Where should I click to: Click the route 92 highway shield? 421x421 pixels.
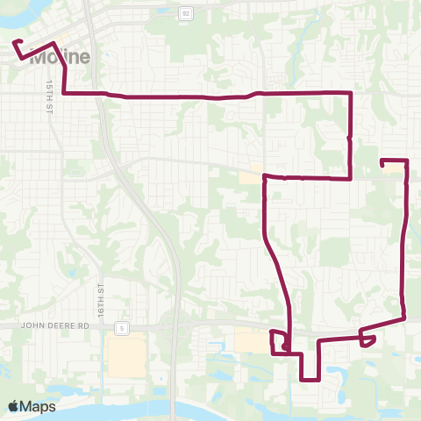(185, 14)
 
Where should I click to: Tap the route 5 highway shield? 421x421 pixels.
(125, 328)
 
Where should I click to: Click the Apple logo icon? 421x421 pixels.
(14, 406)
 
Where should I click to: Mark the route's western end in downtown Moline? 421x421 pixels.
(14, 41)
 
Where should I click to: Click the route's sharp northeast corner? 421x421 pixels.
(351, 93)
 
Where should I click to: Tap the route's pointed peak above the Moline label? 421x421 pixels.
(54, 44)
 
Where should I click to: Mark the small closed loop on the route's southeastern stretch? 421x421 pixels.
(368, 338)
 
